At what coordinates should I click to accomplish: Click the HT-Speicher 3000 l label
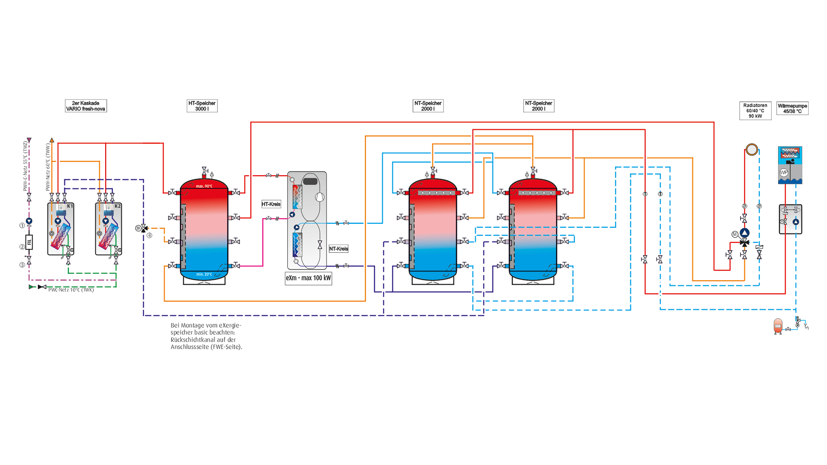click(202, 106)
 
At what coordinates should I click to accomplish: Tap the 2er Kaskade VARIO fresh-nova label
click(86, 106)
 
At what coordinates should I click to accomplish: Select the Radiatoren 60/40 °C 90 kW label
click(755, 111)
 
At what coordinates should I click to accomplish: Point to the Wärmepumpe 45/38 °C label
click(792, 108)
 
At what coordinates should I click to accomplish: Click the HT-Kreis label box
click(271, 204)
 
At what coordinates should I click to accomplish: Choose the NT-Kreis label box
click(339, 249)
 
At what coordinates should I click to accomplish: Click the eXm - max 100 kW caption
click(308, 278)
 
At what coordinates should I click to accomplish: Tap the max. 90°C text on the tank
click(204, 186)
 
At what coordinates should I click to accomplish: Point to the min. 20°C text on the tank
click(204, 274)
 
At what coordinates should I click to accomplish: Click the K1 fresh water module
click(61, 229)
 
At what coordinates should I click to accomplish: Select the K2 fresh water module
click(109, 229)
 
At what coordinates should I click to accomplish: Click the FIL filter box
click(29, 242)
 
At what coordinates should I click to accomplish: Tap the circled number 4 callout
click(149, 236)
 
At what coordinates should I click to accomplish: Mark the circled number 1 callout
click(22, 226)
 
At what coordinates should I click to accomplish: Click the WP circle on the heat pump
click(783, 173)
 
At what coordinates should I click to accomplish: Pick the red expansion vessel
click(778, 326)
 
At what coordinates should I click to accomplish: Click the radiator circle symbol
click(752, 149)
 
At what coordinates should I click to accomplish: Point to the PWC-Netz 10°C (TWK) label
click(71, 290)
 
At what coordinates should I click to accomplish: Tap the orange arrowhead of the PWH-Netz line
click(52, 140)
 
